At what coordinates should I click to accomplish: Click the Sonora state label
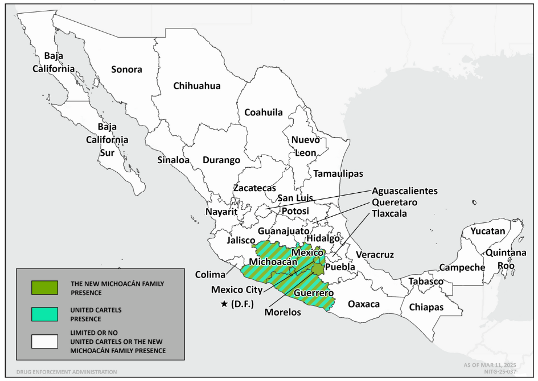(126, 69)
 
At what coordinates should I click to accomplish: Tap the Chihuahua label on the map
(196, 86)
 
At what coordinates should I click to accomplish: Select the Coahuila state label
(263, 112)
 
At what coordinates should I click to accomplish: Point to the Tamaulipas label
(336, 173)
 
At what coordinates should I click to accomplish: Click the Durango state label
(221, 160)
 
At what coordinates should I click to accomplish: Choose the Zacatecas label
(254, 188)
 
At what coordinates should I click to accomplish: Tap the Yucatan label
(487, 231)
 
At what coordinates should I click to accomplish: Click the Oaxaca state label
(363, 304)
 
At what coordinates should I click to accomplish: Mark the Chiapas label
(428, 307)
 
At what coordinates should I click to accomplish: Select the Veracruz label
(374, 255)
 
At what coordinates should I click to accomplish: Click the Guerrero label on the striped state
(314, 293)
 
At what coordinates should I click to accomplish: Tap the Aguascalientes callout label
(405, 191)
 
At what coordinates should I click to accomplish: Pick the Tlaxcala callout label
(390, 213)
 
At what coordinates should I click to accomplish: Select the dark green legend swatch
(44, 288)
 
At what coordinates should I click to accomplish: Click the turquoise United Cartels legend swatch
(44, 314)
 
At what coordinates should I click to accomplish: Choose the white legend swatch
(44, 341)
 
